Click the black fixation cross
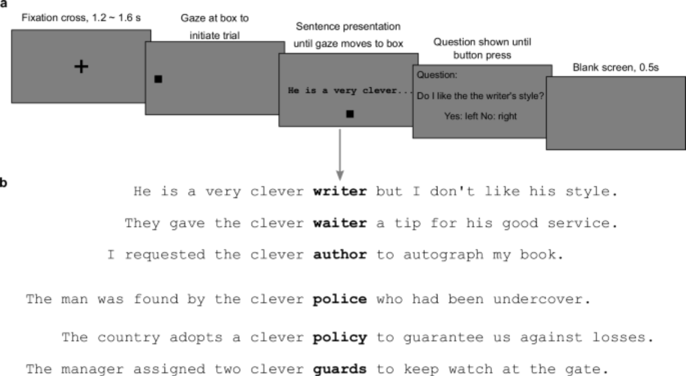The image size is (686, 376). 81,66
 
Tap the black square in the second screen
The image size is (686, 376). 158,79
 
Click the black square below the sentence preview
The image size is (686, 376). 350,114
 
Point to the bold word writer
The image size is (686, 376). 340,191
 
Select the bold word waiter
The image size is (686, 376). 340,223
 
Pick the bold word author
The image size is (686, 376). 340,255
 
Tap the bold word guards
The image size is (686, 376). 340,369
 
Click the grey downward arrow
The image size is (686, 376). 340,155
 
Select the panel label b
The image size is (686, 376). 3,182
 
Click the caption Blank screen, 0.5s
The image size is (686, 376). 616,67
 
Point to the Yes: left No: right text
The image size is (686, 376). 480,116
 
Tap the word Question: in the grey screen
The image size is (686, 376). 437,75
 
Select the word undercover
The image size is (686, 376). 538,299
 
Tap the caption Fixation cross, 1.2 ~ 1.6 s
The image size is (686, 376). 81,18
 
